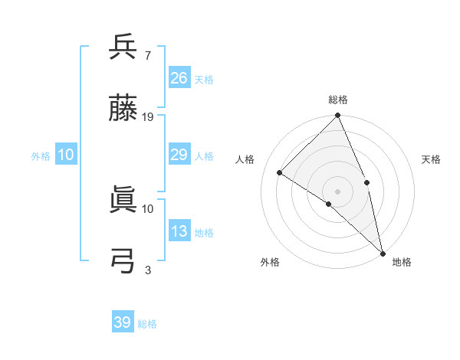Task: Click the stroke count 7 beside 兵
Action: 147,55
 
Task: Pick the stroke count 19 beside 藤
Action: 148,116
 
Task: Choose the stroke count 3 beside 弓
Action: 147,269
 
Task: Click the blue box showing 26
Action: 179,78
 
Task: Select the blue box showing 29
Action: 179,155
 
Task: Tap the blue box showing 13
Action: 179,231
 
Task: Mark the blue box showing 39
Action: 123,322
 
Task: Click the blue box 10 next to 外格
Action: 66,155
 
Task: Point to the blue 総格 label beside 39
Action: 147,324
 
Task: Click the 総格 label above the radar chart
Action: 338,100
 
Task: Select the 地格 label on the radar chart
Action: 402,262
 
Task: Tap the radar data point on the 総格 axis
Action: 338,116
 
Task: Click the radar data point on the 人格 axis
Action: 280,173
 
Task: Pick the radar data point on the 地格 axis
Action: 383,252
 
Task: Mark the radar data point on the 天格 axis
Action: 367,182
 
